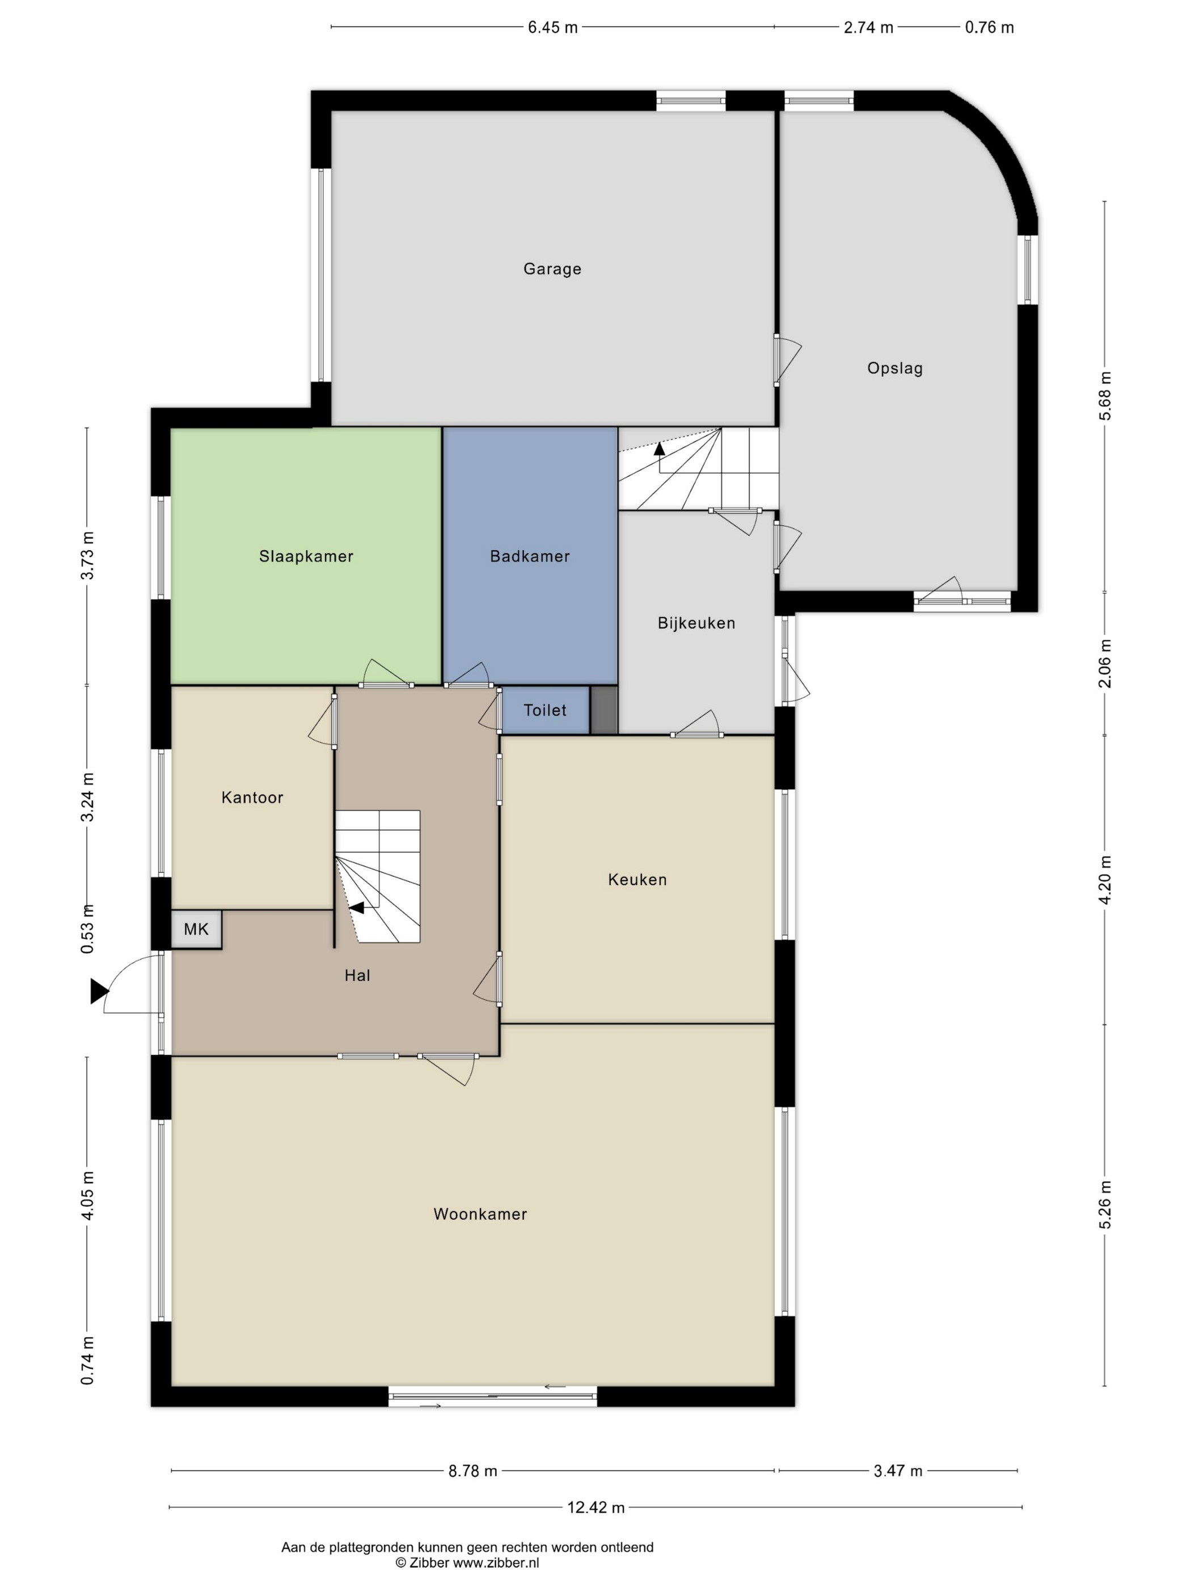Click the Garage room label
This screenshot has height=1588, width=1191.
point(552,269)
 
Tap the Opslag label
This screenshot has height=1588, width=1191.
point(894,368)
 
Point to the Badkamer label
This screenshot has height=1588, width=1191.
point(530,556)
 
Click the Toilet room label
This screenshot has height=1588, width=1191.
point(545,710)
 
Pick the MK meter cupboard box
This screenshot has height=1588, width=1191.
point(196,930)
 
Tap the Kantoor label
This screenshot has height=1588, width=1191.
point(252,797)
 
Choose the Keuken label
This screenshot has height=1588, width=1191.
point(637,880)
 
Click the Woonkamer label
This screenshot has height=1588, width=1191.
point(480,1214)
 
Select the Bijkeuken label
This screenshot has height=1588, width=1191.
point(696,623)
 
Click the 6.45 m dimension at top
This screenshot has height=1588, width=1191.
point(553,27)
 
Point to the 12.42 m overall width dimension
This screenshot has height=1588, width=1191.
point(596,1507)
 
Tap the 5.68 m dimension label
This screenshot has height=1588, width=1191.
point(1105,396)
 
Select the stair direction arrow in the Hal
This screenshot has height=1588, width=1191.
point(357,908)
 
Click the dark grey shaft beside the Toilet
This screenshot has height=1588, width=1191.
point(604,710)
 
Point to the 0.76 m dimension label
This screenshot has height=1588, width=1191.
point(989,27)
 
